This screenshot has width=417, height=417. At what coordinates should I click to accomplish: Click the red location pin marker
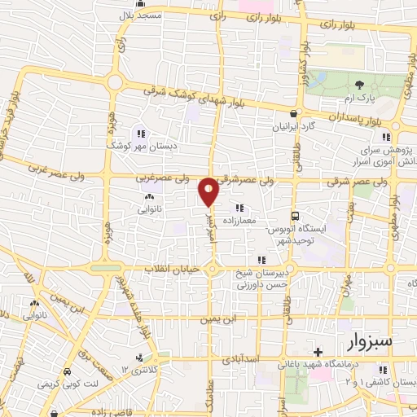[x=208, y=191]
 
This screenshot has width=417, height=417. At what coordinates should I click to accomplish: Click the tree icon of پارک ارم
[x=360, y=84]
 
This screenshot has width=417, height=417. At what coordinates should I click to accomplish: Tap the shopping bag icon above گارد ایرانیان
[x=292, y=113]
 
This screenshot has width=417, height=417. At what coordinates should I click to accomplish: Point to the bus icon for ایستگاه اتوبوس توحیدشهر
[x=295, y=216]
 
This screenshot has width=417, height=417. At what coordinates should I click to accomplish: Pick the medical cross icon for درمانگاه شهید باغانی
[x=318, y=353]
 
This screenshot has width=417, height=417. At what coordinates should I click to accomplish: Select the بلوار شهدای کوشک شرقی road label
[x=187, y=96]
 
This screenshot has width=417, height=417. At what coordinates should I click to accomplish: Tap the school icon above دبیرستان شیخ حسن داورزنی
[x=261, y=261]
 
